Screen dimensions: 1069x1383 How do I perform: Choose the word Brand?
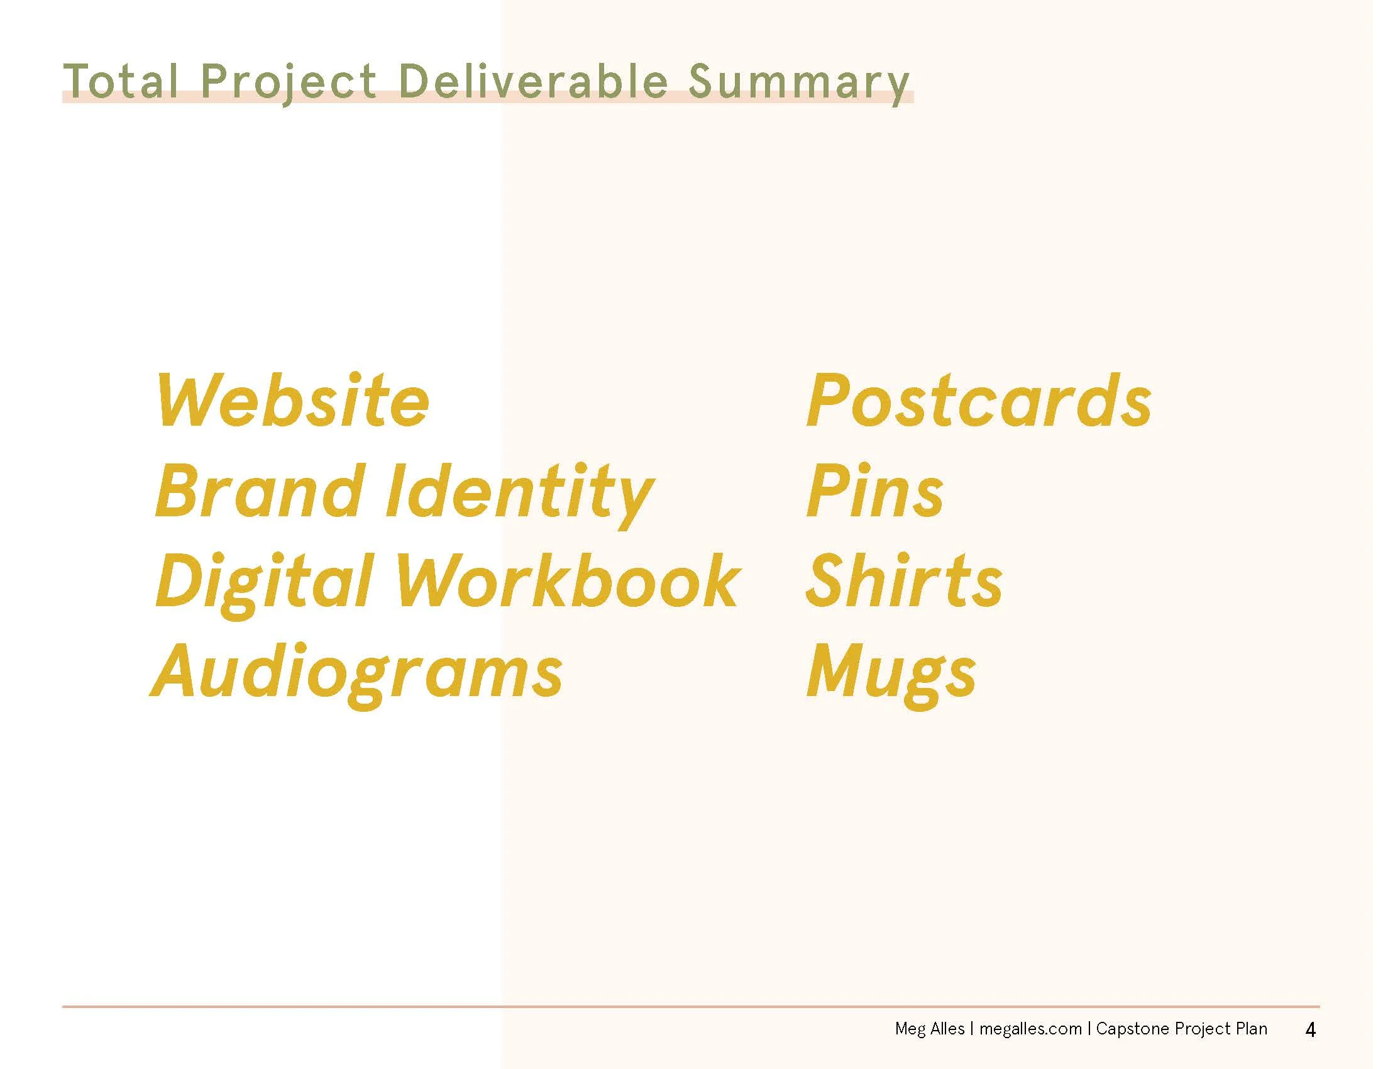260,492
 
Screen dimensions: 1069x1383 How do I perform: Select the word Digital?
263,582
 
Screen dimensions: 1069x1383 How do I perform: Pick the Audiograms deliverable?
357,672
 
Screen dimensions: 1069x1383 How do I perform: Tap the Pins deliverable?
874,492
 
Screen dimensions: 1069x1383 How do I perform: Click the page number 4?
1310,1031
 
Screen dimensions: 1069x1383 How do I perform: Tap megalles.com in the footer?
1030,1029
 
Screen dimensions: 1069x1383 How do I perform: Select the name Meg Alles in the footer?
929,1029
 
